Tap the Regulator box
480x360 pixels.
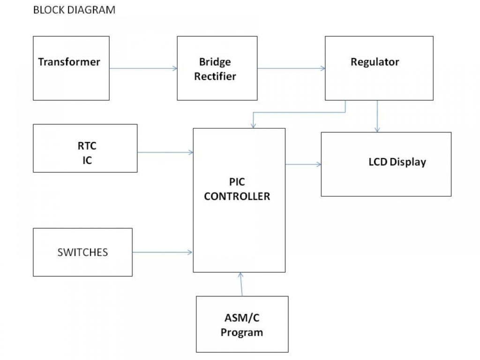(x=379, y=68)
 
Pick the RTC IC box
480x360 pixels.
(x=85, y=148)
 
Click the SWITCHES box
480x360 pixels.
(x=82, y=252)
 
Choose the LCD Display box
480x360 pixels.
(x=386, y=164)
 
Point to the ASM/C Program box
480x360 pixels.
(x=242, y=324)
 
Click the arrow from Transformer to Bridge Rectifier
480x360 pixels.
(x=143, y=68)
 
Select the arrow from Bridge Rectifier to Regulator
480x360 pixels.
(x=291, y=68)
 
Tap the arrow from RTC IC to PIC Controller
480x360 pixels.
(x=165, y=152)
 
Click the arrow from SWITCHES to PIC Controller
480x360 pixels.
(x=162, y=252)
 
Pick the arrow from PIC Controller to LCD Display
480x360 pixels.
(x=303, y=164)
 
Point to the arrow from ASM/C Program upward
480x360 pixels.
(x=241, y=284)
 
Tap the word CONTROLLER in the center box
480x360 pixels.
(x=237, y=196)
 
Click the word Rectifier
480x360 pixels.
(x=215, y=76)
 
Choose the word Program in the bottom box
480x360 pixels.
(x=242, y=333)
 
